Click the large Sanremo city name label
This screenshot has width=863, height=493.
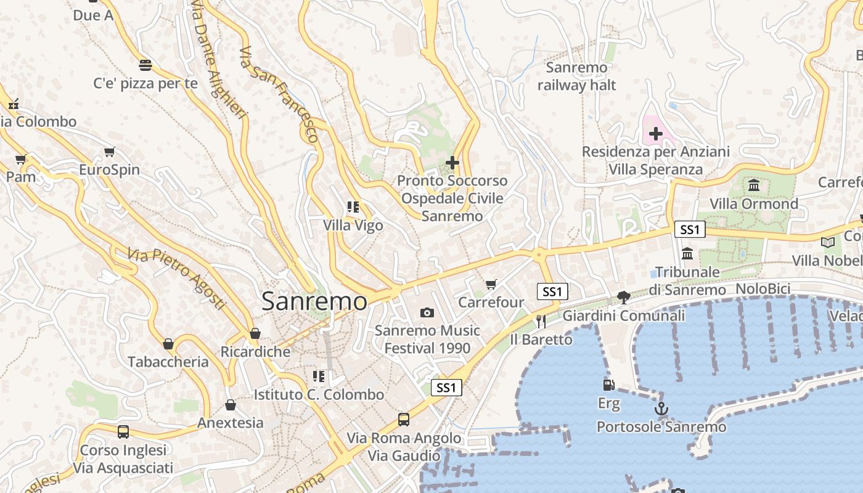[314, 301]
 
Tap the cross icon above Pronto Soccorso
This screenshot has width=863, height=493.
[452, 163]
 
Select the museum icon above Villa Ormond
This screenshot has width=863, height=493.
[753, 185]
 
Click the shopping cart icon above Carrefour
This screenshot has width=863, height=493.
[491, 284]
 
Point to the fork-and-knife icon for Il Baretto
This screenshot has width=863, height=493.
[541, 321]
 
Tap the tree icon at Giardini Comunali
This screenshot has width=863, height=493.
[623, 298]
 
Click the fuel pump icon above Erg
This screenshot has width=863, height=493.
[608, 385]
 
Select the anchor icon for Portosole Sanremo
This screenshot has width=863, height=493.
[660, 409]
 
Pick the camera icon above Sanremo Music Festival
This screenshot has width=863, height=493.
[427, 312]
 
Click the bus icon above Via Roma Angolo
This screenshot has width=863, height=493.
[403, 420]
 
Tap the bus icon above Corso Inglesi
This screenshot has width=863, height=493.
[123, 432]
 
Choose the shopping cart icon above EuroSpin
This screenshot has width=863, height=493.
[109, 152]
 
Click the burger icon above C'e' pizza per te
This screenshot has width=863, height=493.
[145, 65]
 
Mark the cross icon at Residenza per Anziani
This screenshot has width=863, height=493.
[655, 133]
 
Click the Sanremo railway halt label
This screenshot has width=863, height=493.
[576, 76]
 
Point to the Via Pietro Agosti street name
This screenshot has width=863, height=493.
[176, 278]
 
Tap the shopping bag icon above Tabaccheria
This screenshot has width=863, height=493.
[168, 343]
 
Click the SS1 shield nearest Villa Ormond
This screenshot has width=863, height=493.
[689, 230]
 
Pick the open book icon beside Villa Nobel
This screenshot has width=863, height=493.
[827, 242]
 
